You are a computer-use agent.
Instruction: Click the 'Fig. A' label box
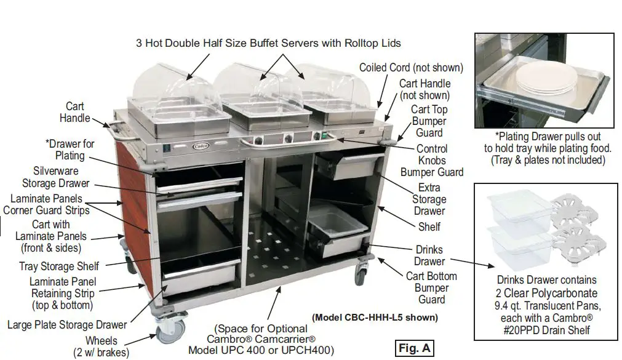coord(414,348)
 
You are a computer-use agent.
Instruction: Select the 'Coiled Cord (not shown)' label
coord(411,68)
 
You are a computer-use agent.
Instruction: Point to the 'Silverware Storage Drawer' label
coord(56,177)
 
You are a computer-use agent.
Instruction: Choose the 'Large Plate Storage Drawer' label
coord(67,325)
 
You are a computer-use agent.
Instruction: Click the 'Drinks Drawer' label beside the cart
coord(429,256)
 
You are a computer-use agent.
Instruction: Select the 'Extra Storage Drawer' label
coord(429,199)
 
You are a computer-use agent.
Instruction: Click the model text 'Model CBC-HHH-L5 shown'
coord(375,318)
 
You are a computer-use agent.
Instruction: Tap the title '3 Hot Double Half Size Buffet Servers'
coord(268,44)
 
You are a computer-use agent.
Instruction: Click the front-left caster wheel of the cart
coord(168,333)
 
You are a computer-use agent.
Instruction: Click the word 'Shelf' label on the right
coord(429,226)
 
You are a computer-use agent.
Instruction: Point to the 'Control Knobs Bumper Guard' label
coord(432,161)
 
